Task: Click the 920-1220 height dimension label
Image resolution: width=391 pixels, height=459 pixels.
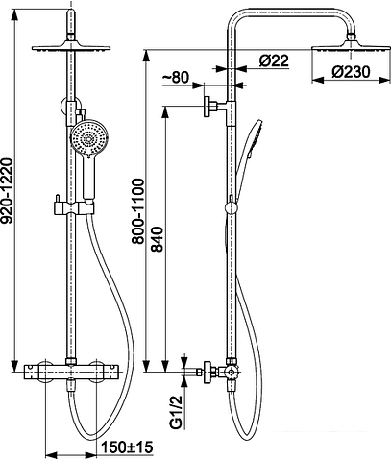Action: pyautogui.click(x=7, y=190)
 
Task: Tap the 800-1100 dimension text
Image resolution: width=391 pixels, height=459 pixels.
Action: pyautogui.click(x=138, y=211)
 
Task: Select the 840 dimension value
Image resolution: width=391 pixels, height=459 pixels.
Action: pyautogui.click(x=158, y=239)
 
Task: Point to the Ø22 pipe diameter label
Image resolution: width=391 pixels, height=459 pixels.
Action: pyautogui.click(x=274, y=60)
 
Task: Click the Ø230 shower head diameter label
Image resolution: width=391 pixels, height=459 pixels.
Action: pyautogui.click(x=351, y=72)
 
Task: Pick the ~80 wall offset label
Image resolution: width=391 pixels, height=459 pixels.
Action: pyautogui.click(x=176, y=77)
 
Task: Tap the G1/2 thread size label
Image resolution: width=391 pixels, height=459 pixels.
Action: pyautogui.click(x=176, y=412)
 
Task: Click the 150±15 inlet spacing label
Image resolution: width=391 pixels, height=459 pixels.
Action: pyautogui.click(x=127, y=447)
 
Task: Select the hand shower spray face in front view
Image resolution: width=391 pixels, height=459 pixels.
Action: pyautogui.click(x=89, y=138)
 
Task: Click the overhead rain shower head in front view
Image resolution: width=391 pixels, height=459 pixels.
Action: pyautogui.click(x=71, y=48)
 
